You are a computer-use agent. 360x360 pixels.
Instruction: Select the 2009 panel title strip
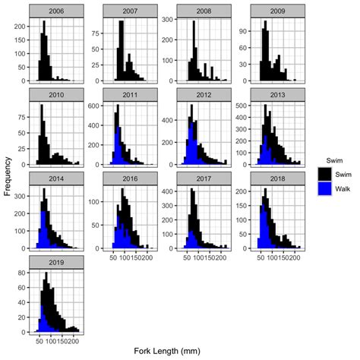pyautogui.click(x=276, y=10)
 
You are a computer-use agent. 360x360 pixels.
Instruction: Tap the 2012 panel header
pyautogui.click(x=203, y=94)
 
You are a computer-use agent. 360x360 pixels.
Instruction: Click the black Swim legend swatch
pyautogui.click(x=324, y=174)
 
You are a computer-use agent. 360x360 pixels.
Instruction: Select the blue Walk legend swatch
pyautogui.click(x=324, y=188)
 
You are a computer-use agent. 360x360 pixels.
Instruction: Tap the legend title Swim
pyautogui.click(x=324, y=160)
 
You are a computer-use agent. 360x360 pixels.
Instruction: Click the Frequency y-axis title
pyautogui.click(x=8, y=176)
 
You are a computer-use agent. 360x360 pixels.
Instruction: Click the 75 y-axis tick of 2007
pyautogui.click(x=97, y=33)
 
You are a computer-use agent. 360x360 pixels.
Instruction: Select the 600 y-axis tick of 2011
pyautogui.click(x=95, y=105)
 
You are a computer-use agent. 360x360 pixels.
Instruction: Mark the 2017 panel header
pyautogui.click(x=203, y=178)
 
